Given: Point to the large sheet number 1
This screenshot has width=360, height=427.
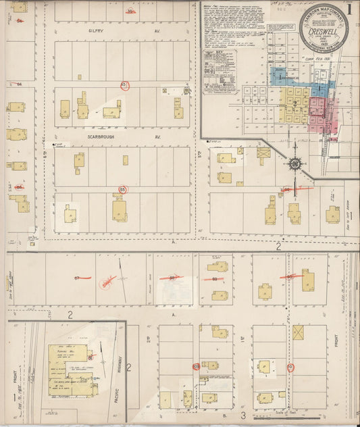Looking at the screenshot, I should coord(350,9).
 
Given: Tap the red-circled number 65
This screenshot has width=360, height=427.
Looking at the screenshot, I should coord(124,85).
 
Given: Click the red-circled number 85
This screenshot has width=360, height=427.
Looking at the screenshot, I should coord(122,189).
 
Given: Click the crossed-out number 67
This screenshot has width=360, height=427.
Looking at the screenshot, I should coord(78,278).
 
